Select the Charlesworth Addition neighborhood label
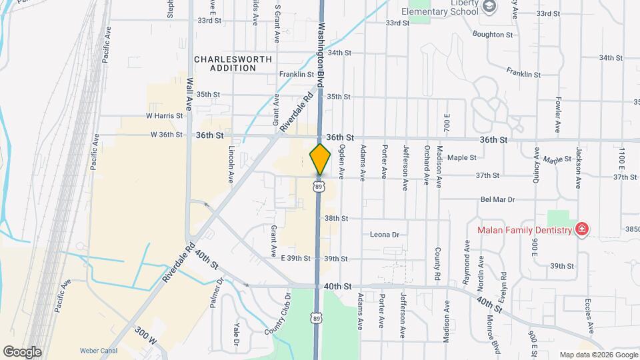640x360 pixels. (233, 63)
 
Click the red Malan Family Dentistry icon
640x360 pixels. (582, 230)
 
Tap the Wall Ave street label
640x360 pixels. (189, 94)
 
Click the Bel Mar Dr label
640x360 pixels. (498, 199)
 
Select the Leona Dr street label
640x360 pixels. (385, 235)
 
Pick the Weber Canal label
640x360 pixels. (99, 349)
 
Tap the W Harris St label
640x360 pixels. (164, 115)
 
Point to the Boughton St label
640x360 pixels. (492, 34)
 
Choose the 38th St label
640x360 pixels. (337, 218)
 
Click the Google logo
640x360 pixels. (22, 351)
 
